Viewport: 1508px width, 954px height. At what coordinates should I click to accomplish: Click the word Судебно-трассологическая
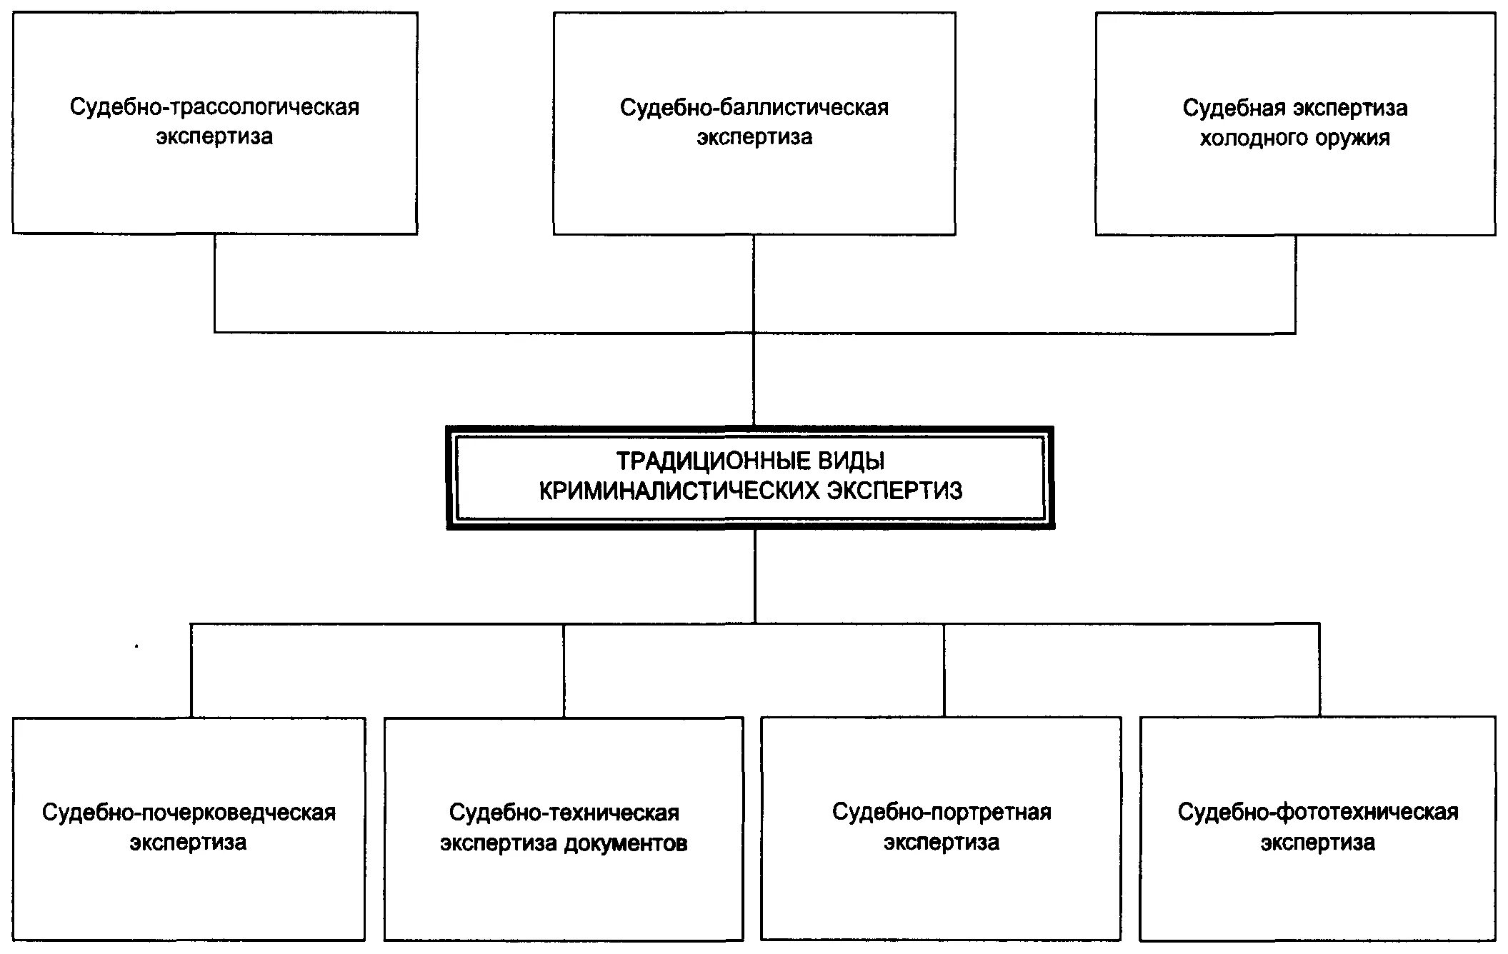(214, 107)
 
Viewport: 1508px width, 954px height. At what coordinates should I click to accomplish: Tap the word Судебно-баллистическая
(754, 108)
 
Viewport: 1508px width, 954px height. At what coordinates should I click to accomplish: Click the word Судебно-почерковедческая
(189, 813)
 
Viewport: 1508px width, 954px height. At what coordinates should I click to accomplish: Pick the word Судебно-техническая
(564, 813)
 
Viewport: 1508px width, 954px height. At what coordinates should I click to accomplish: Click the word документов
(626, 843)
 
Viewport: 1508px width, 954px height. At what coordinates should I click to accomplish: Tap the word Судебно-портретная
(942, 813)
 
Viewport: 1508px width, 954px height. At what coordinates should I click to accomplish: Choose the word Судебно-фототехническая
(1318, 813)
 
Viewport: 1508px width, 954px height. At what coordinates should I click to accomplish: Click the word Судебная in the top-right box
(1225, 108)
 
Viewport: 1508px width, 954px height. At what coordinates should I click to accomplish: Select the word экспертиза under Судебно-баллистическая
(754, 137)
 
